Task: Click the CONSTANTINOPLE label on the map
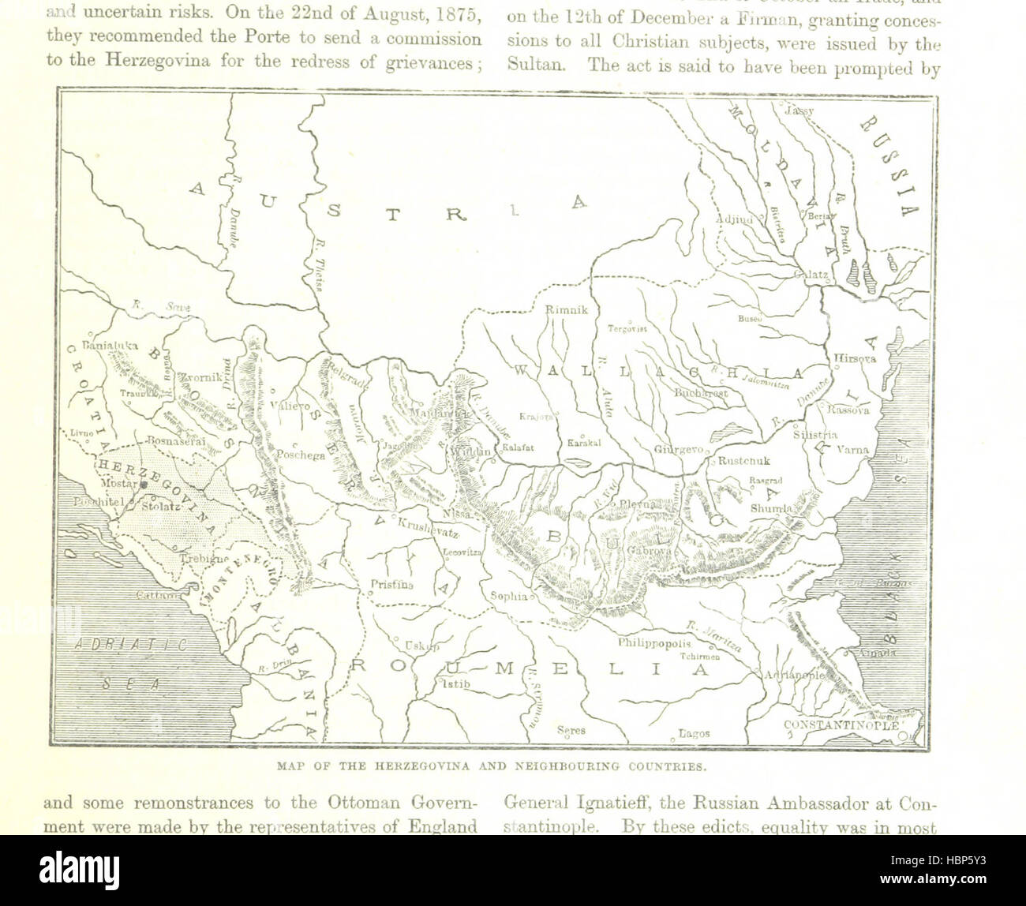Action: (x=841, y=724)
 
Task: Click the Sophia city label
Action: (x=508, y=597)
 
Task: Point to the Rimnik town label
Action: (x=567, y=310)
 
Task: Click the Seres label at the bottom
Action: (x=571, y=730)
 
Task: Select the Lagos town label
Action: (x=695, y=733)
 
